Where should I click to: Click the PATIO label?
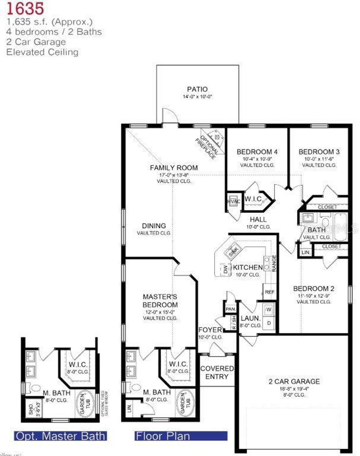197,89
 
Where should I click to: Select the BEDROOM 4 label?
257,152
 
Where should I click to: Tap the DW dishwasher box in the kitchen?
225,270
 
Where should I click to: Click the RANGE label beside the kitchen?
274,263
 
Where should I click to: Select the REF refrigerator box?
270,292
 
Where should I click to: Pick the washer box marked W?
269,310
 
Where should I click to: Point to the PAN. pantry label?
231,309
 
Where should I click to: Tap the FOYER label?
210,330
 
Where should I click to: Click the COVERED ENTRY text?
217,372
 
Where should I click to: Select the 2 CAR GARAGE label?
294,381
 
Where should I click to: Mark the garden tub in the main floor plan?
183,403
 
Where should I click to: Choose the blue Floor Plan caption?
163,436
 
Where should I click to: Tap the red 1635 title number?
25,8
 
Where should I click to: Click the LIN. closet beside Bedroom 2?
306,253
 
